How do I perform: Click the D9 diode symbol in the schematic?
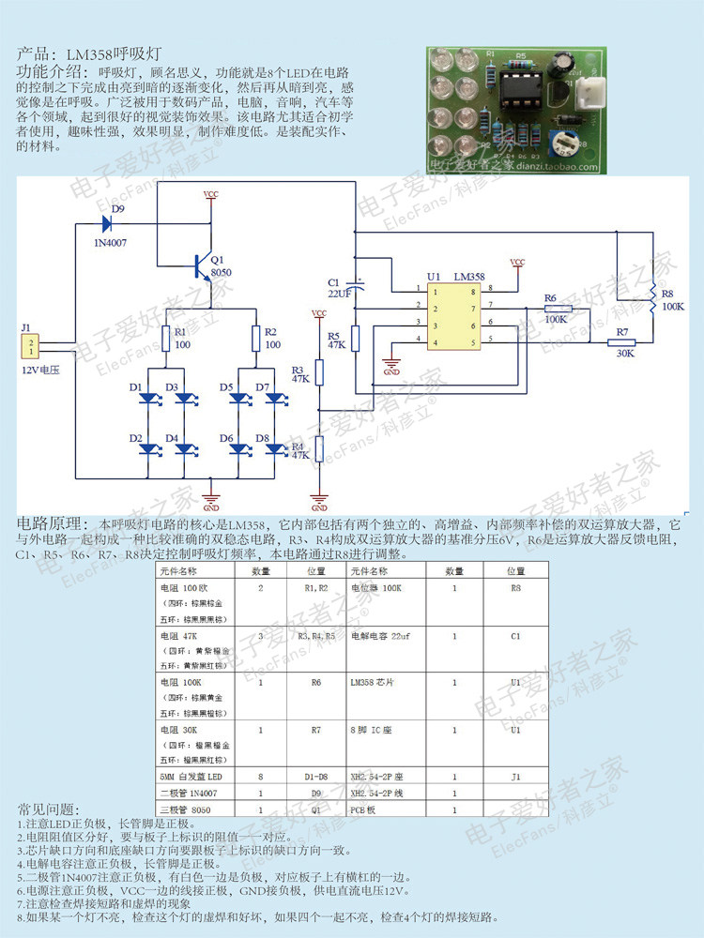[105, 223]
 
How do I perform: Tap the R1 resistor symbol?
[166, 339]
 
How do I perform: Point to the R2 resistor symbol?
[255, 339]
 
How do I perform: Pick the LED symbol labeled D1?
[148, 399]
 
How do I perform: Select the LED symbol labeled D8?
[273, 448]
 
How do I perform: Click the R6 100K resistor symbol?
[558, 308]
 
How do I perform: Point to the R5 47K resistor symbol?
[355, 340]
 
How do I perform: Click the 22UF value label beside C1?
[340, 294]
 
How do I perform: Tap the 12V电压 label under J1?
[40, 371]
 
